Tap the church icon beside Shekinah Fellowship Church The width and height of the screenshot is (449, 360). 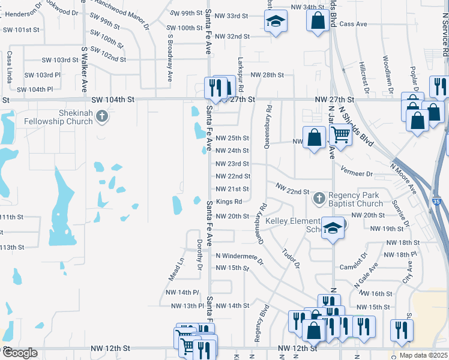point(103,116)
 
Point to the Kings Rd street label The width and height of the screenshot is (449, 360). point(229,202)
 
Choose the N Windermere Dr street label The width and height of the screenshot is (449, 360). point(240,256)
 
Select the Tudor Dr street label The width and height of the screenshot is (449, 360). point(291,258)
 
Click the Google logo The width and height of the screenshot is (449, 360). point(20,353)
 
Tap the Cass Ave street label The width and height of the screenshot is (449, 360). point(353,24)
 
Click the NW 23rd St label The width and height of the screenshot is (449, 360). point(232,164)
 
